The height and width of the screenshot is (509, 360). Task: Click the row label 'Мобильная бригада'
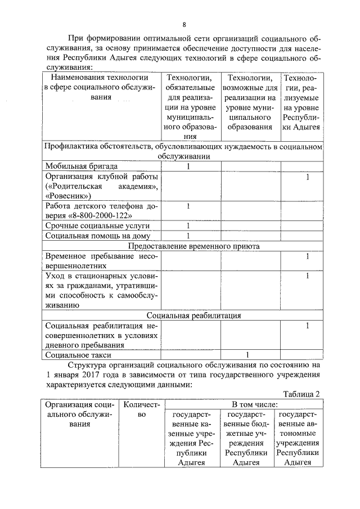click(82, 166)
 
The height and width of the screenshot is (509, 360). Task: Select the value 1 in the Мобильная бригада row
click(189, 166)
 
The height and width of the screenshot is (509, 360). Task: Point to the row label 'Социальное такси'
click(78, 355)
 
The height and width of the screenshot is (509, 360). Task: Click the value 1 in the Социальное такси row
click(247, 355)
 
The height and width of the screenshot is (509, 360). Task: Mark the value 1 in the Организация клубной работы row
click(308, 177)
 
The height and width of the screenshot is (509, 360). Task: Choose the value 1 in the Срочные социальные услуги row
click(189, 226)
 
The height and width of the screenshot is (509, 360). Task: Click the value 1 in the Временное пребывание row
click(308, 256)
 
